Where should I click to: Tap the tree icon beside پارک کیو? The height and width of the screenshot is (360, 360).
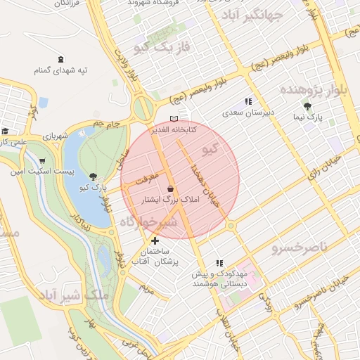(x=93, y=176)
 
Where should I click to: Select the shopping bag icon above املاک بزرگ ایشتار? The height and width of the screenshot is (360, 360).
(x=172, y=188)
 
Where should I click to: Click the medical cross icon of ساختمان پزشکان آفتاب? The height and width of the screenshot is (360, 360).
(x=155, y=241)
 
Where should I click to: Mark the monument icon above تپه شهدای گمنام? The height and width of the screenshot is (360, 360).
(x=60, y=59)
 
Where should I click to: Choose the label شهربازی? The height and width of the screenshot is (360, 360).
(x=54, y=136)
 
